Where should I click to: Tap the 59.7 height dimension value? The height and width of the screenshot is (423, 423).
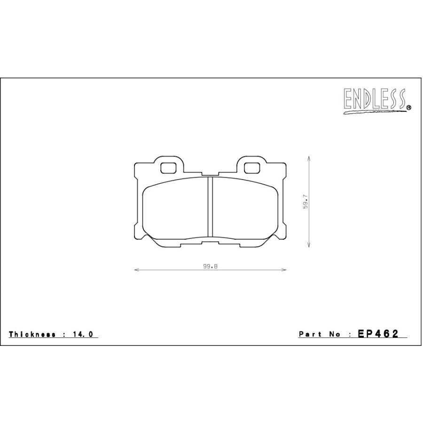point(305,201)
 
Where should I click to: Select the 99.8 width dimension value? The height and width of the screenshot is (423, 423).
point(210,266)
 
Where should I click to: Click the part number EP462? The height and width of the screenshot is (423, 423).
point(378,334)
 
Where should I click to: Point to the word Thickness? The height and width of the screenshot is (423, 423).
point(32,334)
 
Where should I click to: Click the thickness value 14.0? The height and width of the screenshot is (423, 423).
point(83,334)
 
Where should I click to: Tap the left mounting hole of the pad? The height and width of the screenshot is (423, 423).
point(168,168)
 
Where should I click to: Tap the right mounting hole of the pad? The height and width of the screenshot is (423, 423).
point(252,168)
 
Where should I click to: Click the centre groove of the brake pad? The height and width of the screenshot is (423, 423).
point(210,207)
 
